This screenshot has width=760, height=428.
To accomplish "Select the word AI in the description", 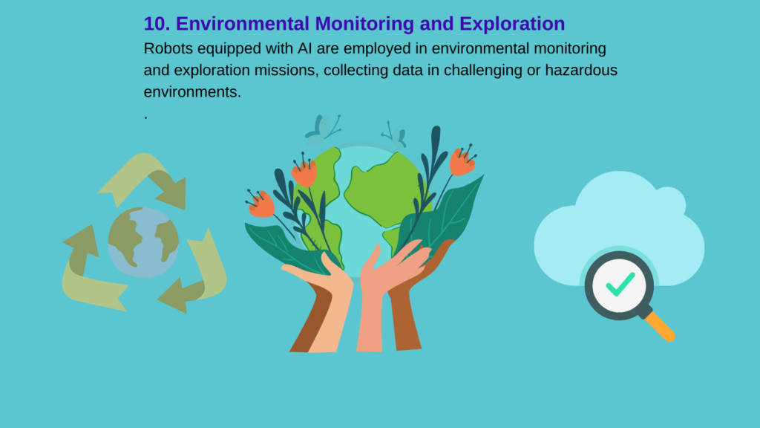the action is pos(304,48).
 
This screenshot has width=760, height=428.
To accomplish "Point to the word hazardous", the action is pos(581,70).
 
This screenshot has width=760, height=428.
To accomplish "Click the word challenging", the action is pos(482,71).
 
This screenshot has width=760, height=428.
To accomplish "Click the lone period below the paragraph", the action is pos(145,118).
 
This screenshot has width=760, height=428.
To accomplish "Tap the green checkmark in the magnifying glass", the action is pos(620,285).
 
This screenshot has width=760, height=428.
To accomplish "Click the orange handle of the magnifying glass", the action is pos(660,327).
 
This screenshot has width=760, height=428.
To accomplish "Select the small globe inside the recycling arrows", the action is pos(143,243).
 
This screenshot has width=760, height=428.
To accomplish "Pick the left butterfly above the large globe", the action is pos(322,129).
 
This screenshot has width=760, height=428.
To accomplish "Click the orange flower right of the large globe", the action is pos(462,160).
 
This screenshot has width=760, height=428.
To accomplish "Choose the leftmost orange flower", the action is pos(261,204).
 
